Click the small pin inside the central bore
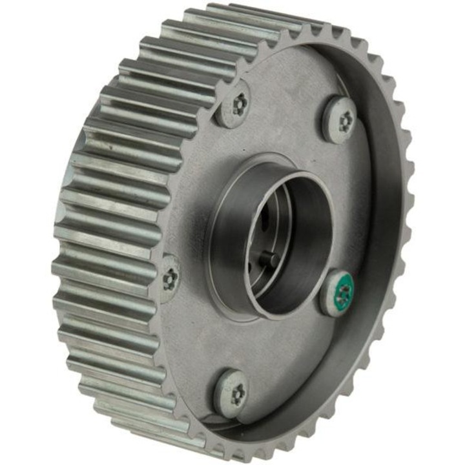pos(271,260)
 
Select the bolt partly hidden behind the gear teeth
pos(170,278)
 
